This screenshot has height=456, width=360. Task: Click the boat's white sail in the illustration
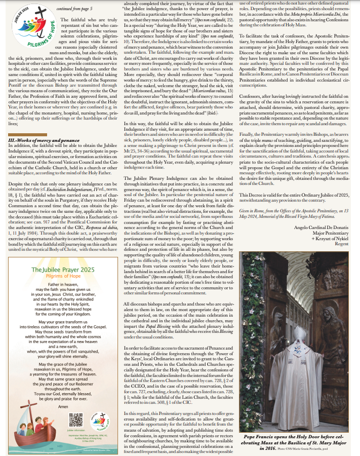[x=34, y=422]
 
